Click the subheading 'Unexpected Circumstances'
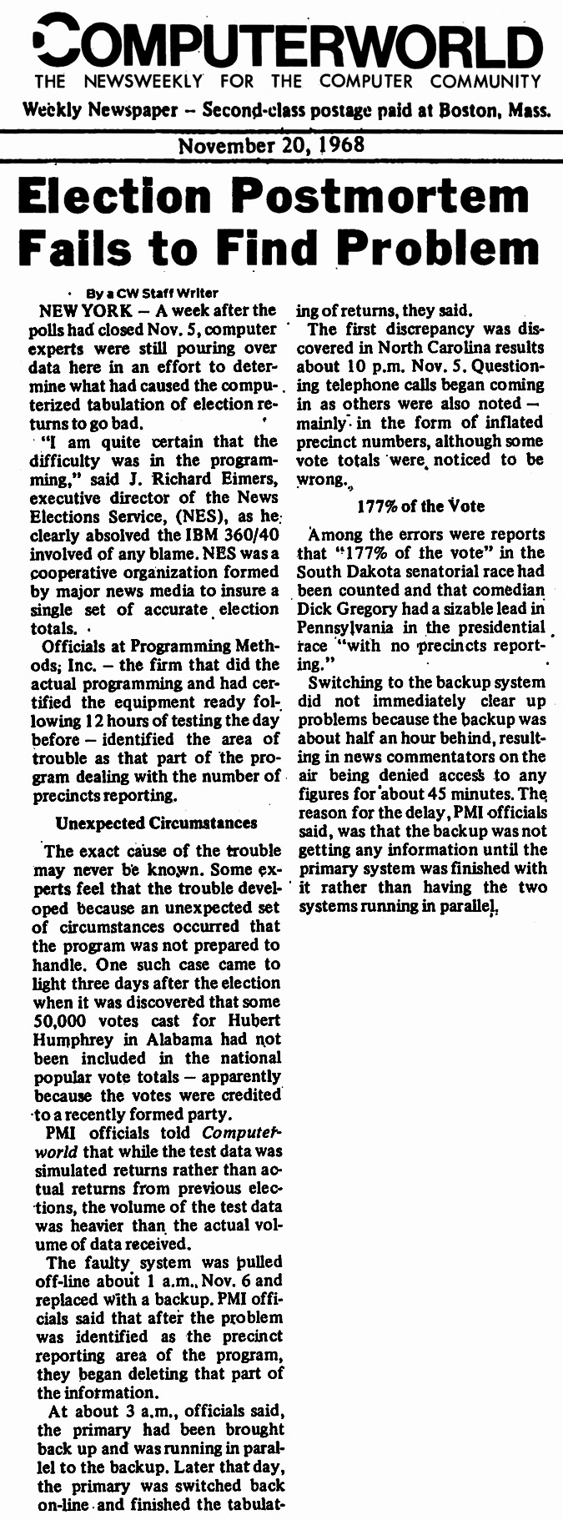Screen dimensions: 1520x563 156,823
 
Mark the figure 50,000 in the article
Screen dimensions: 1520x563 69,1020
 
